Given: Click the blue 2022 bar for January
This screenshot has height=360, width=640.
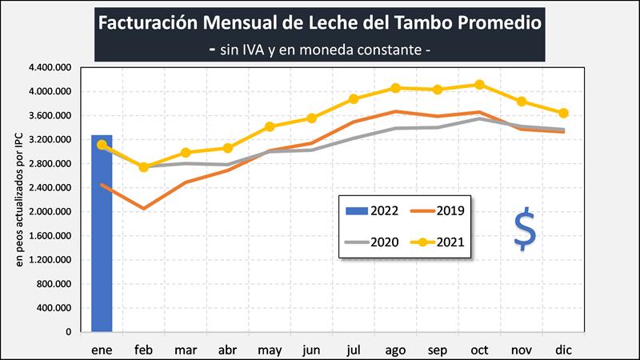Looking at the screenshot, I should [102, 240].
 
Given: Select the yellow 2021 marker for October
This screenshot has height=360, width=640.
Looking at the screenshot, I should [479, 85].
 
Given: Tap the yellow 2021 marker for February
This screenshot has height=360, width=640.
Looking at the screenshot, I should [144, 167].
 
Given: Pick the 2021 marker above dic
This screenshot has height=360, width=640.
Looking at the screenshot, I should [563, 113].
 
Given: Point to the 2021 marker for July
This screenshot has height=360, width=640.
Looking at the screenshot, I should [354, 99].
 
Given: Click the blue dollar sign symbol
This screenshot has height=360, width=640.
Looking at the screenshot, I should [526, 230].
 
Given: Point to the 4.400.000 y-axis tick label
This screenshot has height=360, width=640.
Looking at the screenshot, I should [50, 68].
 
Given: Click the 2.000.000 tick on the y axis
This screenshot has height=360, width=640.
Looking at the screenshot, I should [50, 212].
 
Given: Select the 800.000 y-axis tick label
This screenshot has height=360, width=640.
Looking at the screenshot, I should [54, 284].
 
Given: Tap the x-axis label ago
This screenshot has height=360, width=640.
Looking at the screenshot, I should [395, 350].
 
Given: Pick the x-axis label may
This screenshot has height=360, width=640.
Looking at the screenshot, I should [270, 350].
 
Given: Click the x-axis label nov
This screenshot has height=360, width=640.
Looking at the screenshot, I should [521, 350].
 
